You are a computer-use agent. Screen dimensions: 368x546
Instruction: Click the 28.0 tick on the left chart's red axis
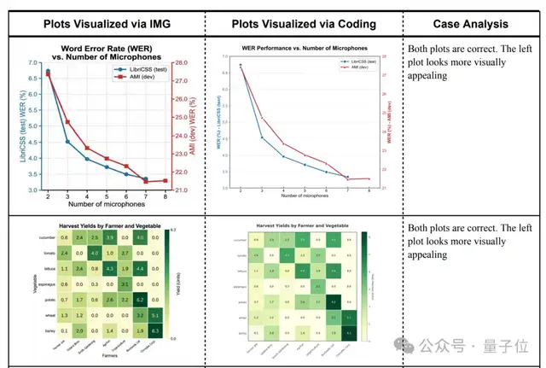click(x=182, y=63)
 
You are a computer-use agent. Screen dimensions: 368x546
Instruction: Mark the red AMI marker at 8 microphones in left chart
click(x=165, y=180)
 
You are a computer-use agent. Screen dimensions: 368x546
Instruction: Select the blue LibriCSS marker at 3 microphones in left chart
click(x=68, y=141)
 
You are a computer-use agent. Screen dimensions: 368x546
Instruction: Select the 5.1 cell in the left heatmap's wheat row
click(x=155, y=314)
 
